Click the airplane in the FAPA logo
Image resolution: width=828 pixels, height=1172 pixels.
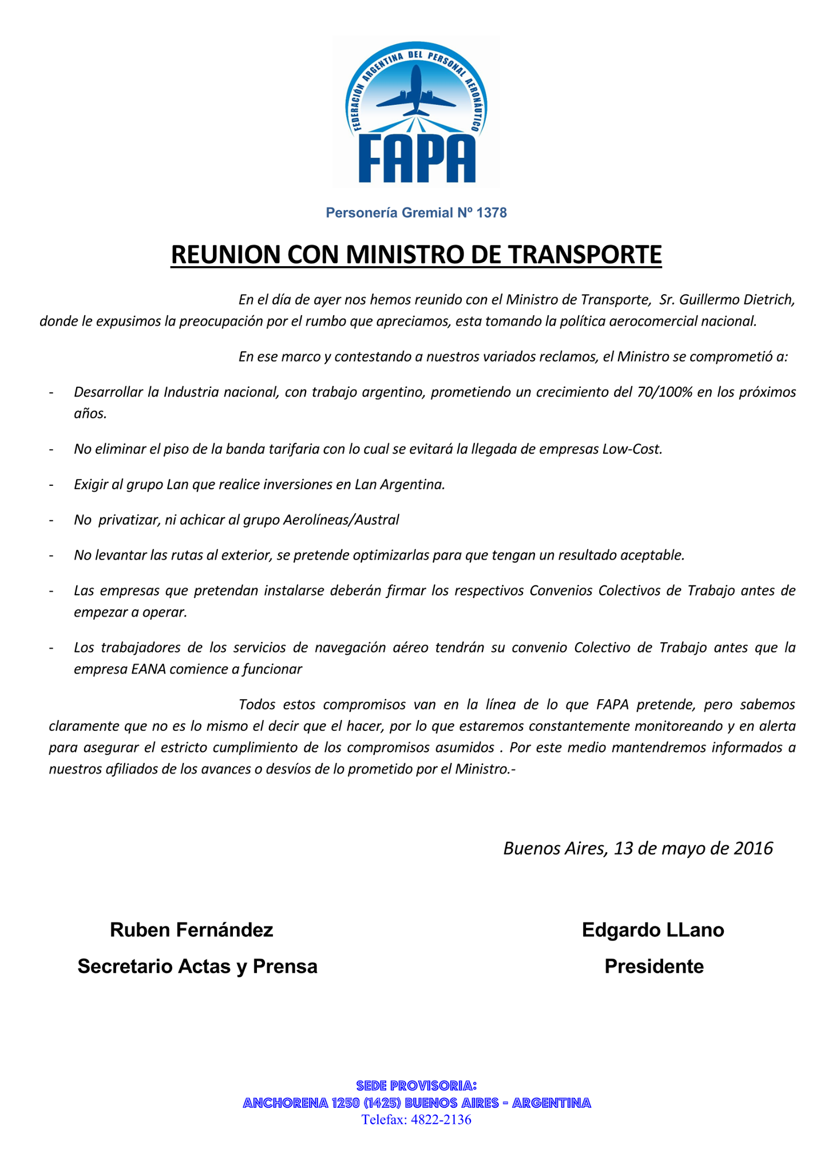(x=416, y=92)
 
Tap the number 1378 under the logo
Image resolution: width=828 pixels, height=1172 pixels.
(x=492, y=213)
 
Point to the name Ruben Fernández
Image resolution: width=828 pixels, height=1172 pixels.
(x=192, y=931)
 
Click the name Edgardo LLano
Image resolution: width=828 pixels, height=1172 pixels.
(x=653, y=931)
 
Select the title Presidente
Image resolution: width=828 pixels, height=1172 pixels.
(x=654, y=967)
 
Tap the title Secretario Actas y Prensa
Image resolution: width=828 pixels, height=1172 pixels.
(x=197, y=967)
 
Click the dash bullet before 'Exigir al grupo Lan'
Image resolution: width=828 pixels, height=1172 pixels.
(x=51, y=485)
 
